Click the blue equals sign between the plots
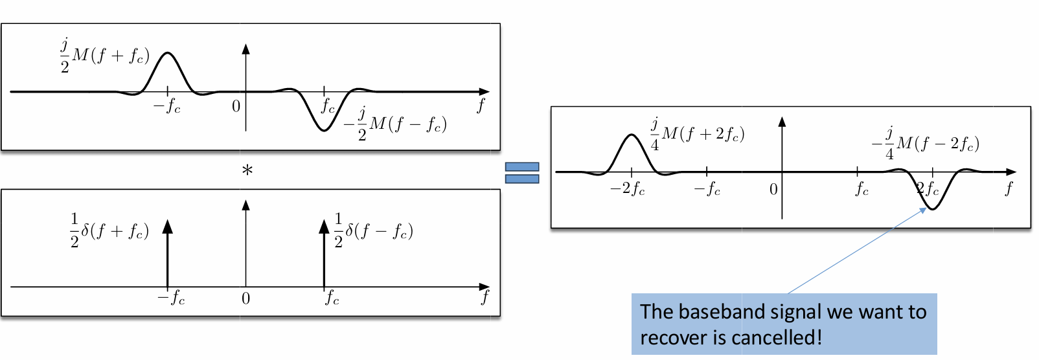click(522, 173)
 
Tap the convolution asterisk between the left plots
click(247, 171)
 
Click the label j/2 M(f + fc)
click(105, 56)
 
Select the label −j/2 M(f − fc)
click(394, 124)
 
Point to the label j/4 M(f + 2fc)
click(697, 135)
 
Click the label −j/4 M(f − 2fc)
click(926, 143)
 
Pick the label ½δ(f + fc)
click(109, 231)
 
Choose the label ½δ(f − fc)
click(373, 231)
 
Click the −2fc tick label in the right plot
click(627, 189)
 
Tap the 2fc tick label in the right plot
click(927, 189)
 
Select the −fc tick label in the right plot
click(707, 189)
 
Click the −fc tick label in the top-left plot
click(167, 107)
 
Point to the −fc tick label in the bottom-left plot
click(171, 298)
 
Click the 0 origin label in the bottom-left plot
click(246, 298)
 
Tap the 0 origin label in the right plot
click(773, 189)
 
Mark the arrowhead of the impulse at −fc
click(168, 226)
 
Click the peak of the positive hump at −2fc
click(632, 135)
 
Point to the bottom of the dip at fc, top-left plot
click(324, 131)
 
